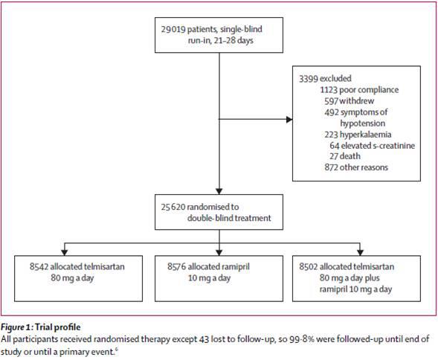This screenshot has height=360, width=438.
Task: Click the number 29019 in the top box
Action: [x=173, y=29]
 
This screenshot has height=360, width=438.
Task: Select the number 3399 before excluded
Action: [x=309, y=79]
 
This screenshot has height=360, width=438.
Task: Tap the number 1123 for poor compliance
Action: [x=329, y=90]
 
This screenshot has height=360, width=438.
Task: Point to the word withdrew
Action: [x=357, y=100]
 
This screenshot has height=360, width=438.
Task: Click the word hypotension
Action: [x=363, y=123]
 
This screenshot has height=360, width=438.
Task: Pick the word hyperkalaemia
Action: [x=365, y=135]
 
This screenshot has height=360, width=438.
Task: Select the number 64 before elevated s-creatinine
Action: [x=335, y=145]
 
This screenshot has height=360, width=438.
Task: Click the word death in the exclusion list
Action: [x=350, y=156]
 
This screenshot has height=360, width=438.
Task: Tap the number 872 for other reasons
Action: [x=331, y=167]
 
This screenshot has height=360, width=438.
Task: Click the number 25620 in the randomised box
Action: [x=173, y=207]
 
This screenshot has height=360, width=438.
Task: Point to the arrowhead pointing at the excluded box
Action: [x=289, y=120]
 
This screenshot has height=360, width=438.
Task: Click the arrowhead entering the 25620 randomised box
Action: [x=219, y=191]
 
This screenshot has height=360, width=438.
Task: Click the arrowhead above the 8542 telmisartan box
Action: [x=65, y=252]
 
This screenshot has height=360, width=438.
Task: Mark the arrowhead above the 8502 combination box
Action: [x=361, y=252]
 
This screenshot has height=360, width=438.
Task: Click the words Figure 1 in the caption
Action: [x=16, y=327]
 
